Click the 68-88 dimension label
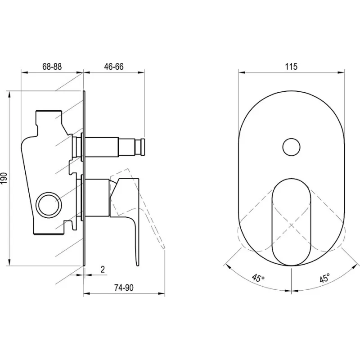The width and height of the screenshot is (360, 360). pyautogui.click(x=52, y=67)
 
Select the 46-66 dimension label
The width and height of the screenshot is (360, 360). pyautogui.click(x=114, y=67)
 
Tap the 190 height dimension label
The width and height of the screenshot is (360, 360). pyautogui.click(x=4, y=178)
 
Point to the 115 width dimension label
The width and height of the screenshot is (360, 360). pyautogui.click(x=291, y=67)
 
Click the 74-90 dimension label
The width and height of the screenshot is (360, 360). pyautogui.click(x=124, y=288)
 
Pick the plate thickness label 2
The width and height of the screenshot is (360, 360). pyautogui.click(x=103, y=269)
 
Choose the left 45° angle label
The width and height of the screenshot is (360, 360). pyautogui.click(x=258, y=278)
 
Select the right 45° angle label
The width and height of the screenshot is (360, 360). pyautogui.click(x=324, y=278)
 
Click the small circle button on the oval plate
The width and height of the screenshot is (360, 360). pyautogui.click(x=291, y=147)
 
